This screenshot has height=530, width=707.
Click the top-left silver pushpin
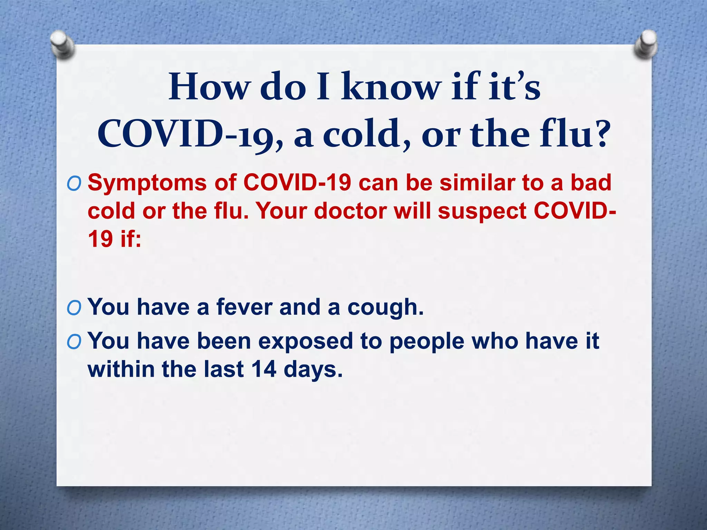[x=63, y=44]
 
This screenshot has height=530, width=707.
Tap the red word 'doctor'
[x=350, y=211]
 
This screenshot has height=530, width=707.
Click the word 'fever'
[x=244, y=307]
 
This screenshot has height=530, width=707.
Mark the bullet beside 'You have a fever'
[x=74, y=308]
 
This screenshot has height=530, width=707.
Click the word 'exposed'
[x=305, y=342]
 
